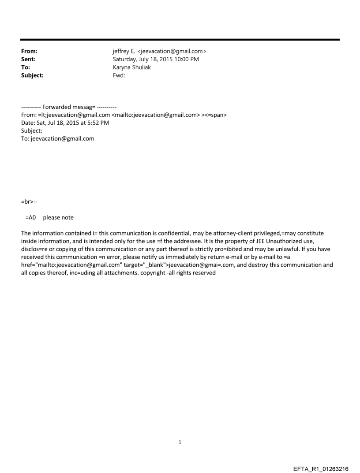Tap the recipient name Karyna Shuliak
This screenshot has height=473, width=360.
tap(132, 67)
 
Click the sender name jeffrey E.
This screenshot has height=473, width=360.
tap(125, 52)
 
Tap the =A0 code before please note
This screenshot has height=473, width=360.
tap(30, 218)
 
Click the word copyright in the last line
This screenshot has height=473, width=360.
tap(150, 273)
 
